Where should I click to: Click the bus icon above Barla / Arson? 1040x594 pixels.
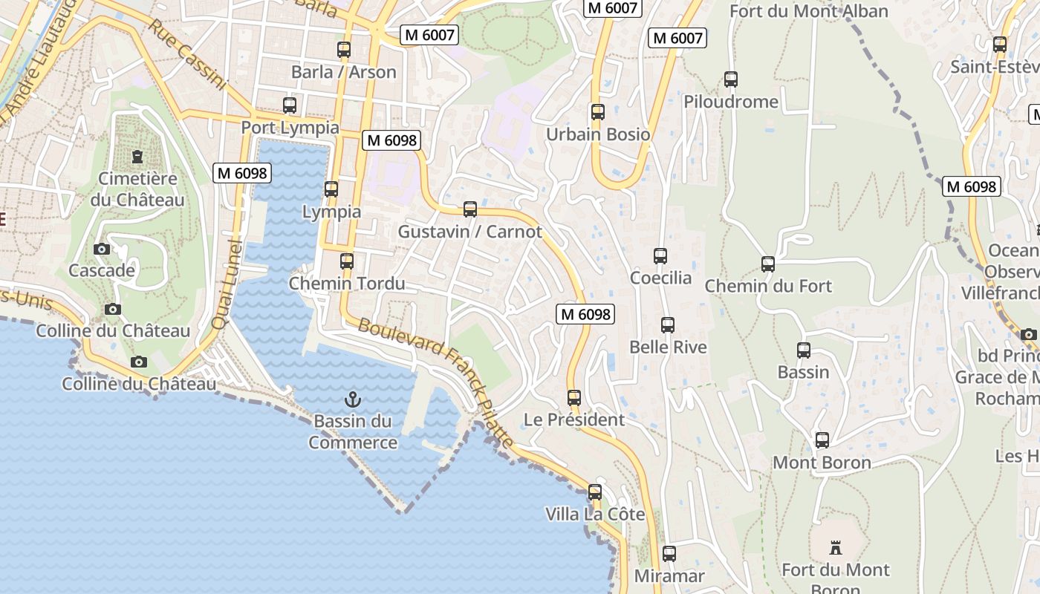coord(343,50)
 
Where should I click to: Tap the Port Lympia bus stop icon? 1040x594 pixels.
coord(290,105)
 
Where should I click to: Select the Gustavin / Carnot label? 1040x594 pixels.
coord(469,232)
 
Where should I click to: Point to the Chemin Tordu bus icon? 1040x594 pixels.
coord(347,261)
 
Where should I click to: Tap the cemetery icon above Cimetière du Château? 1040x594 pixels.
coord(137,157)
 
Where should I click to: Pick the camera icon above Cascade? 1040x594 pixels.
coord(102,249)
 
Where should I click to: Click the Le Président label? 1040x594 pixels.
coord(573,420)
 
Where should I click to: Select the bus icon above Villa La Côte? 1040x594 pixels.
coord(595,492)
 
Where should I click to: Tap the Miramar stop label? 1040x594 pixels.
coord(669,576)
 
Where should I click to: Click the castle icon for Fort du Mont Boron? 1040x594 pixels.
coord(836,548)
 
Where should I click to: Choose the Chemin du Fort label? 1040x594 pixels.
coord(767,286)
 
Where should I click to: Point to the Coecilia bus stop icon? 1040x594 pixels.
coord(660,256)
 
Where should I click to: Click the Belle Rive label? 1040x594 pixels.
coord(668,347)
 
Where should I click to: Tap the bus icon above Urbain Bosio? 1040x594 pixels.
coord(598,112)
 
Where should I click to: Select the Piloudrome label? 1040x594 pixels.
coord(730,102)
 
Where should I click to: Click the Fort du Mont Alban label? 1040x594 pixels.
coord(808,11)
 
